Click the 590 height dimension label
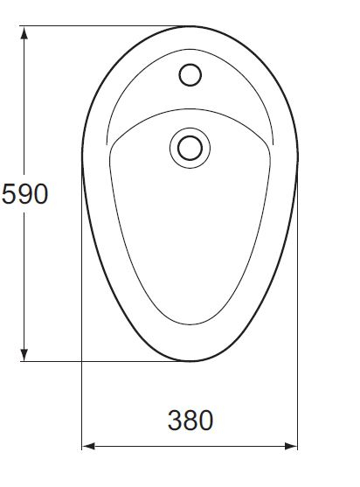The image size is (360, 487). coord(24,193)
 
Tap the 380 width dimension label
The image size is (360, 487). coord(190,420)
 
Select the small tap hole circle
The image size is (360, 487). coord(190,75)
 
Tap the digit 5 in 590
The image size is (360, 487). coord(9,193)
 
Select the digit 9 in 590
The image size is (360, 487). coord(24,193)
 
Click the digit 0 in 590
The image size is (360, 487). coord(39,193)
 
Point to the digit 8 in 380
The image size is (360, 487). coord(190,420)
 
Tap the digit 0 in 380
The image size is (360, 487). coord(205,420)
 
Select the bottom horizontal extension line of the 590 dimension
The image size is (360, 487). coord(105,360)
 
